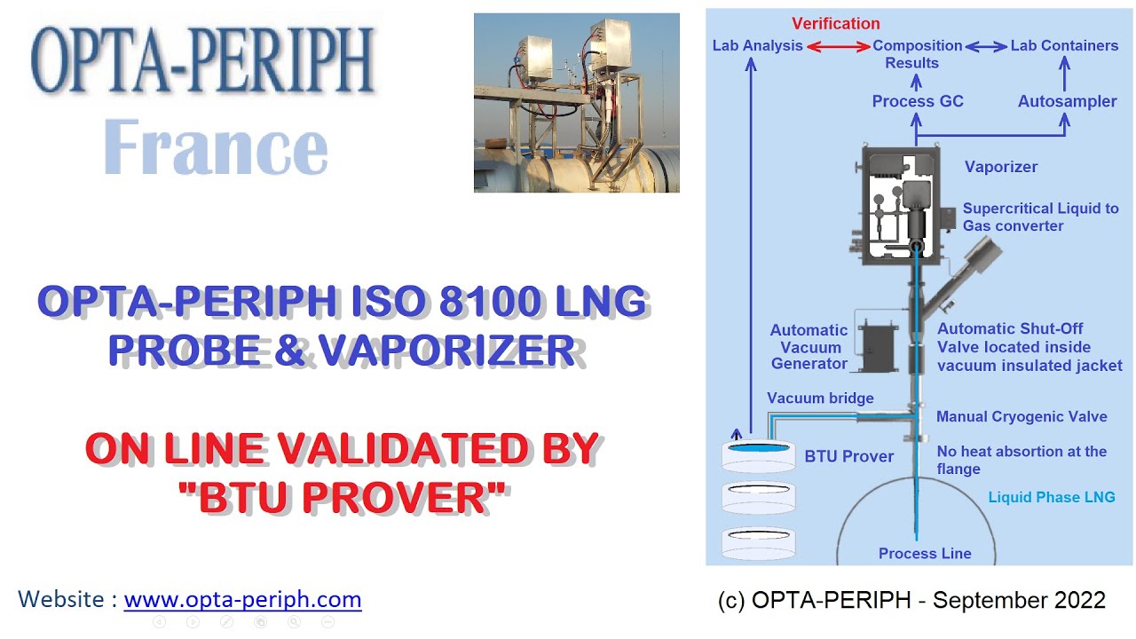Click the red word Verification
(836, 24)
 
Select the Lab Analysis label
(757, 45)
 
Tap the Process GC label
(917, 101)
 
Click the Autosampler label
(1067, 101)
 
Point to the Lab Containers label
(1064, 45)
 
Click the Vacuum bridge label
(820, 398)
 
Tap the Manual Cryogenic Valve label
(1022, 416)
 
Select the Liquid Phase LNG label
(1052, 497)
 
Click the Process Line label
(925, 554)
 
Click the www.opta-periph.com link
(242, 599)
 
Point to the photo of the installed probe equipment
(576, 102)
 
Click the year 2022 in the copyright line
(1077, 601)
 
